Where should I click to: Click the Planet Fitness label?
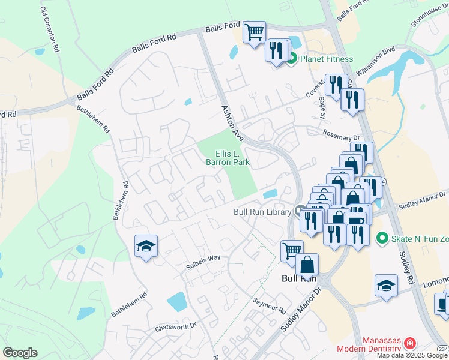tap(327, 59)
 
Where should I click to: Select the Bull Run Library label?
tap(262, 212)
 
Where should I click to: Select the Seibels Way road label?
tap(203, 262)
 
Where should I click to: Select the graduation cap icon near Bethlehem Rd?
tap(146, 247)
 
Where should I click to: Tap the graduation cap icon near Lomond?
tap(386, 286)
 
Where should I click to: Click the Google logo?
tap(20, 353)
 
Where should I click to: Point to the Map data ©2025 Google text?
tap(412, 355)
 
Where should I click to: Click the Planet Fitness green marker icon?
tap(292, 59)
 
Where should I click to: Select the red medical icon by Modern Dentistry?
tap(410, 344)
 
